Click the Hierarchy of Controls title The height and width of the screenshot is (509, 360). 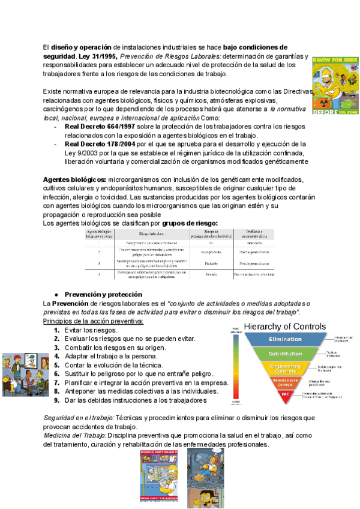tap(286, 327)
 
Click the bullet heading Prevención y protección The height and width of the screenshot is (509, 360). tap(103, 295)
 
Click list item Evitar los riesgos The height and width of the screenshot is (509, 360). tap(91, 330)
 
